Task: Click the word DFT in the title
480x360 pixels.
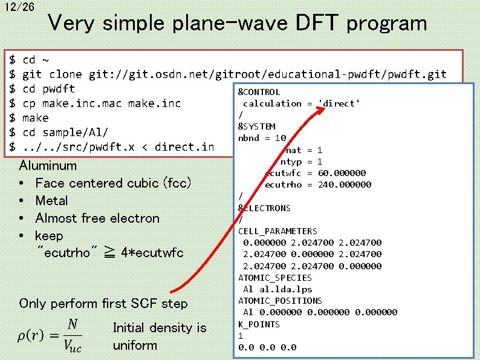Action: pos(319,24)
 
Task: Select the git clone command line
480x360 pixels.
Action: pos(235,74)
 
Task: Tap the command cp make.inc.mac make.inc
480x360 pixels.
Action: pos(102,103)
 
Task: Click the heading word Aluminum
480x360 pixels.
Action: pos(48,165)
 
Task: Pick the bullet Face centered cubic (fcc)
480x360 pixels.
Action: pos(113,183)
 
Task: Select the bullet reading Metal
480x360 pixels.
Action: pos(51,200)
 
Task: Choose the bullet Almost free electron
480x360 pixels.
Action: pos(97,218)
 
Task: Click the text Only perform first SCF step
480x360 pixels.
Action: pos(103,303)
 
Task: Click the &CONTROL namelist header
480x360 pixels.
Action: pos(259,92)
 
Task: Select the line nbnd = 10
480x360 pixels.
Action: pos(262,138)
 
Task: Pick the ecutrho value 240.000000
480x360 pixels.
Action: pos(345,185)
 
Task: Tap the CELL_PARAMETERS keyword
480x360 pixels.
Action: pos(277,231)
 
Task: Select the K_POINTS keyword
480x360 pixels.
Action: pos(259,324)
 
